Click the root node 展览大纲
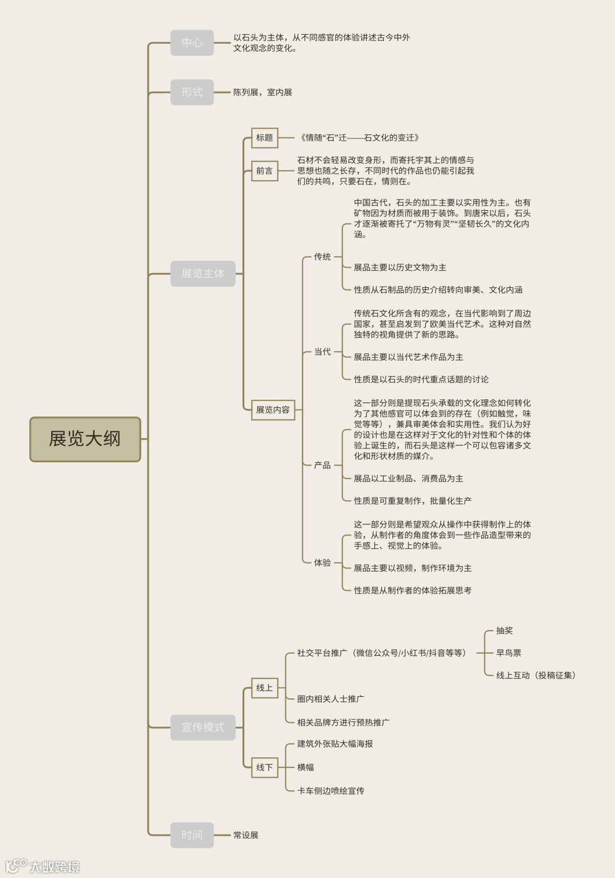point(85,439)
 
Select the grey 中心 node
point(192,43)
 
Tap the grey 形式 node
point(192,92)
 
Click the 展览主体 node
point(203,273)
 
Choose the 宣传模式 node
point(203,727)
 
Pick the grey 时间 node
point(192,835)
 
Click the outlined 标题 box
point(265,138)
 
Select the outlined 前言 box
point(265,171)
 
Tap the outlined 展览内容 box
point(273,410)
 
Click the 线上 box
point(265,688)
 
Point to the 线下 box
point(265,767)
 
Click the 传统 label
point(322,257)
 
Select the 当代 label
point(322,352)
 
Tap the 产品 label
point(322,465)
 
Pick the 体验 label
point(322,563)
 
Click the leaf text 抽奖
point(505,631)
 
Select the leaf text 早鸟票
point(509,653)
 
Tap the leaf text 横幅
point(306,767)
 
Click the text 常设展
point(246,835)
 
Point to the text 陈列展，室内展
point(263,92)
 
